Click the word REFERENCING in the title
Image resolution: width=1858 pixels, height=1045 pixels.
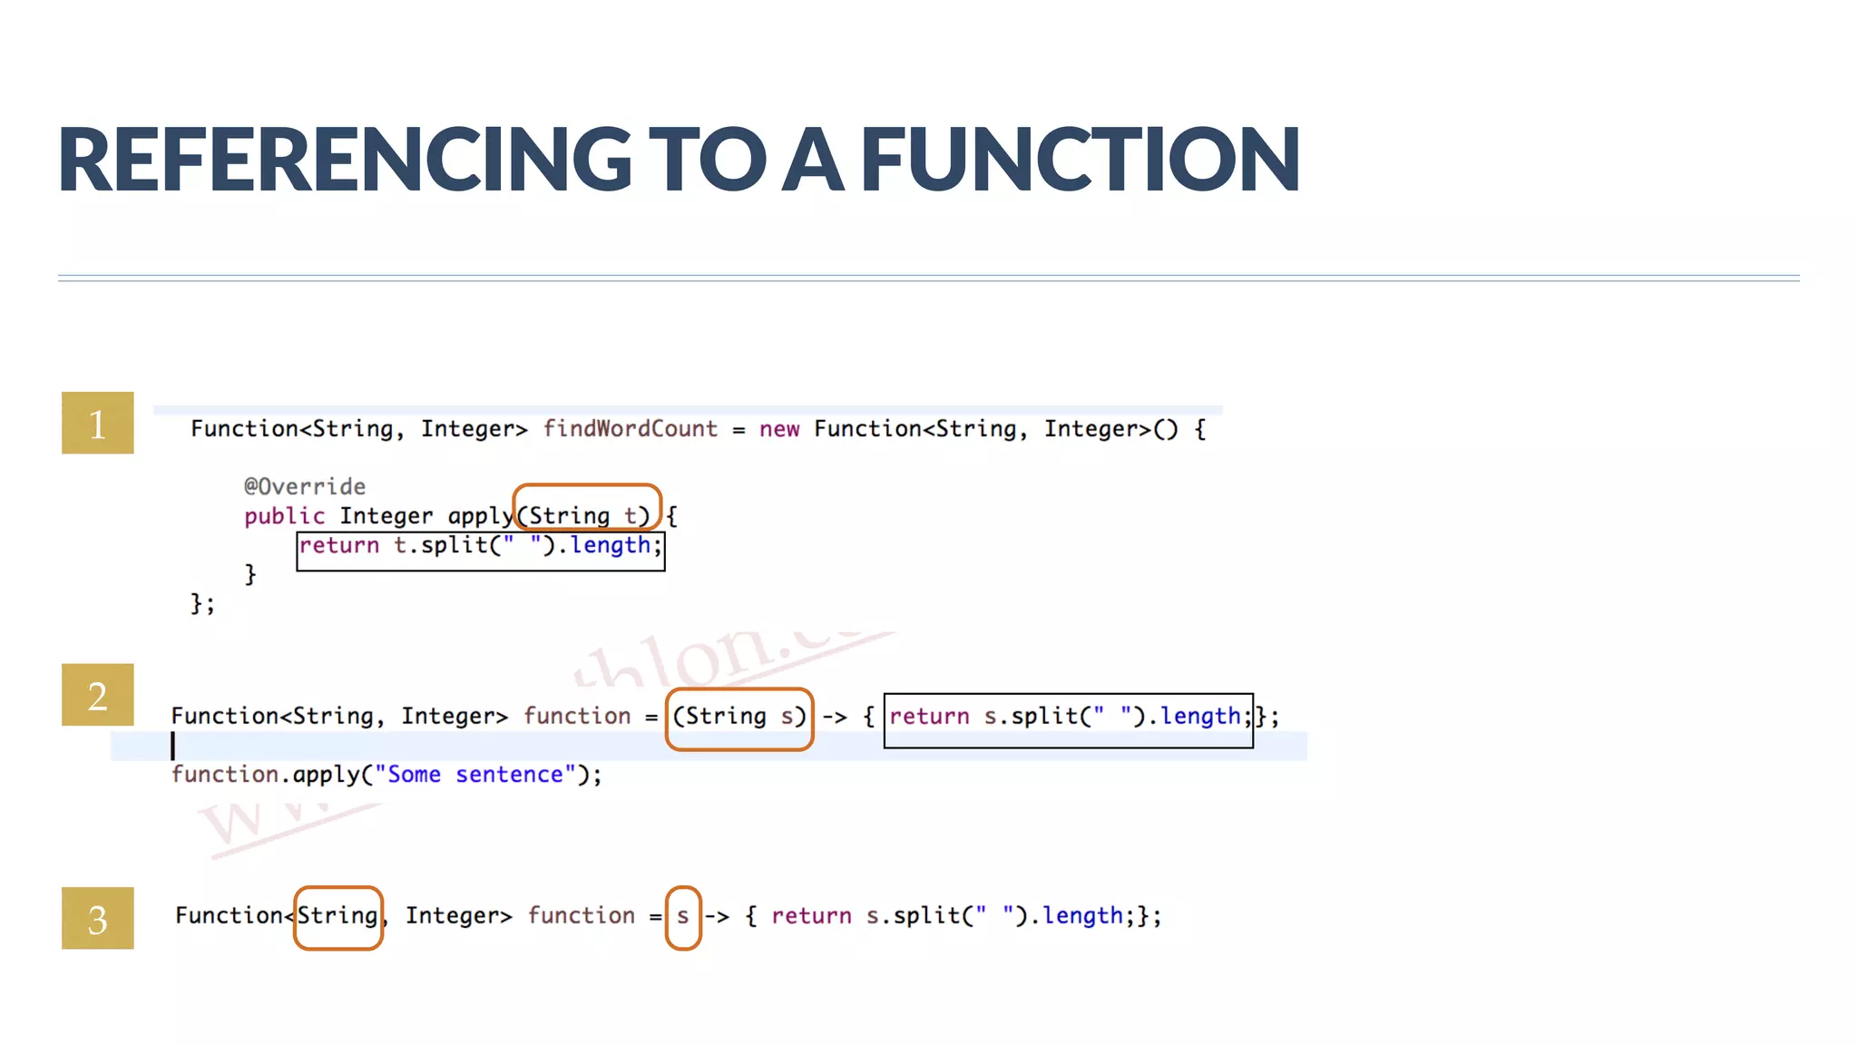click(345, 160)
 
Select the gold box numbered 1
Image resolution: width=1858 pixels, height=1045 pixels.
click(98, 423)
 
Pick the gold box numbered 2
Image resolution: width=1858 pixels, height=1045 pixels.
click(98, 695)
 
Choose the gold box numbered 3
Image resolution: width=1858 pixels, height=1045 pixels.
click(98, 919)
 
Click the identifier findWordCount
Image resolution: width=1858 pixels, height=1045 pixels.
click(630, 428)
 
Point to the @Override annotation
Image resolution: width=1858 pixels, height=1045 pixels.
click(305, 486)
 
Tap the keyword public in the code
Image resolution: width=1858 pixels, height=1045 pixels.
click(284, 515)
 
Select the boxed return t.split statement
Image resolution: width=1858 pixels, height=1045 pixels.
click(480, 546)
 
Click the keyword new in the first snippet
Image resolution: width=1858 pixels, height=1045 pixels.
click(779, 428)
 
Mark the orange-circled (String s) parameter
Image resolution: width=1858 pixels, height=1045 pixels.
click(738, 718)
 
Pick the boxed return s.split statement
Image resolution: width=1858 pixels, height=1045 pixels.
click(1068, 718)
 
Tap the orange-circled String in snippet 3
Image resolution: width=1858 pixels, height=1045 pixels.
click(337, 917)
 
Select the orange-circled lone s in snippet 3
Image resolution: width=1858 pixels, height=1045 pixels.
click(683, 917)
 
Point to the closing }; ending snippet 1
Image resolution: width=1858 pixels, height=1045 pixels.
click(202, 603)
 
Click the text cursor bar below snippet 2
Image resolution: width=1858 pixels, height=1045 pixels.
click(172, 746)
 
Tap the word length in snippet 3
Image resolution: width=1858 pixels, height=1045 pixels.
click(1082, 915)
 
